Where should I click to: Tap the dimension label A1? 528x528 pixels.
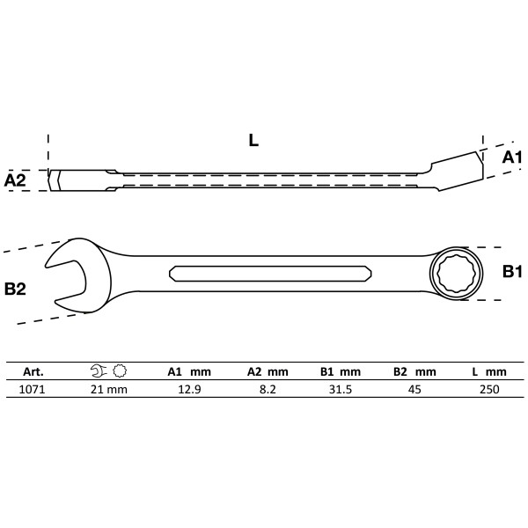[511, 158]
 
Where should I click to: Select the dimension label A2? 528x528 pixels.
[16, 180]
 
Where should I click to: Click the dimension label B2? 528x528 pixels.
[16, 289]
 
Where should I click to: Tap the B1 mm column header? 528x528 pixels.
[339, 372]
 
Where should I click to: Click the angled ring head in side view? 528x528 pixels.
[456, 167]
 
